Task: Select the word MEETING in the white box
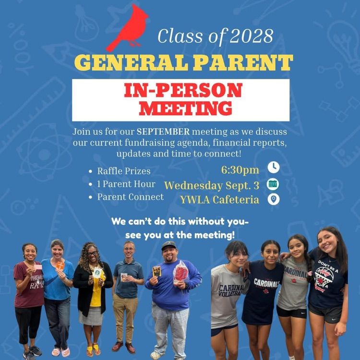(185, 108)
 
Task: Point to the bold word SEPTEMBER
(163, 132)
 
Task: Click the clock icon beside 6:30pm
(273, 167)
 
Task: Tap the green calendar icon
(273, 183)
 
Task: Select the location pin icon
(273, 199)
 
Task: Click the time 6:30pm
(240, 170)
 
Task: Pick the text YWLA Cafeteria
(220, 200)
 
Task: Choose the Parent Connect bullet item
(130, 197)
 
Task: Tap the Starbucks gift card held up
(97, 272)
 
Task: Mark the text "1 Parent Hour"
(126, 184)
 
